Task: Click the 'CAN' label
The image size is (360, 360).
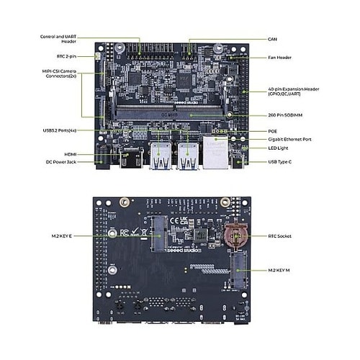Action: point(272,39)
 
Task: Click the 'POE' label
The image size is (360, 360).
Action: point(272,130)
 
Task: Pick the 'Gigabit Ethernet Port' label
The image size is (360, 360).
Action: point(289,139)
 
